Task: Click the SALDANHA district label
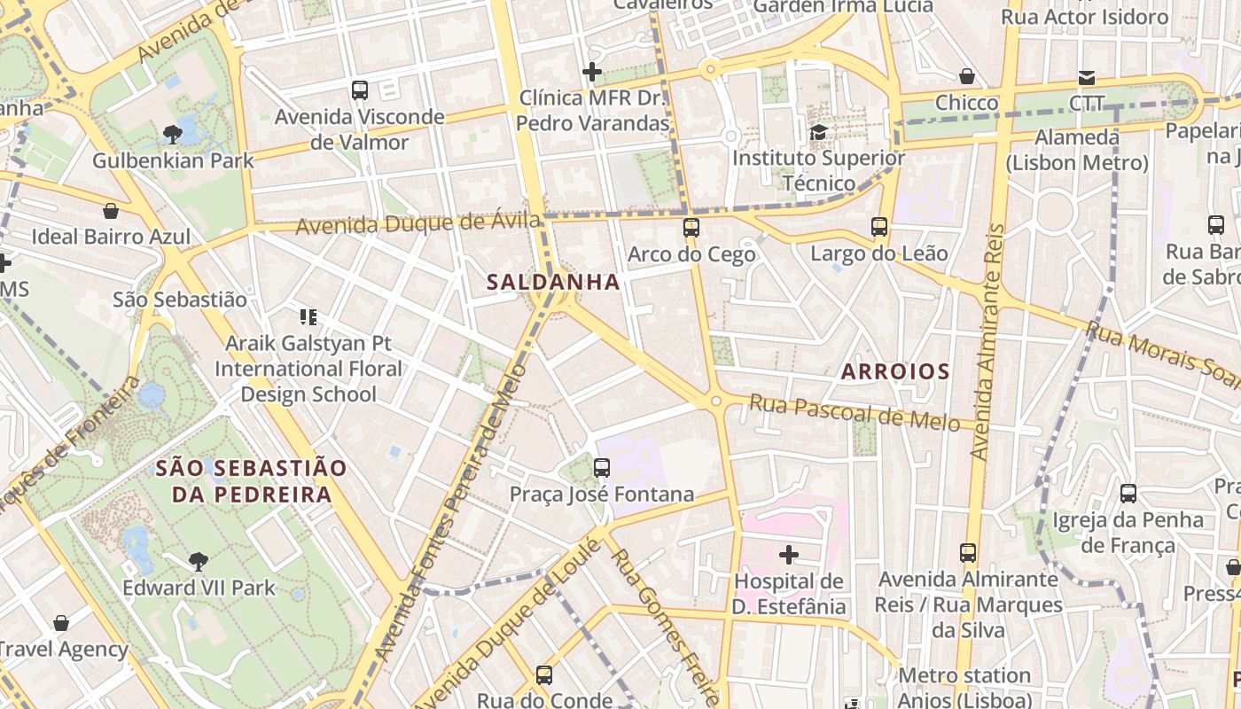(552, 282)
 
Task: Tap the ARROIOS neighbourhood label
(894, 371)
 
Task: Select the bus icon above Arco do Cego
(691, 228)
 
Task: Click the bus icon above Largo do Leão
(879, 227)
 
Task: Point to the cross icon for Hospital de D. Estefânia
(788, 555)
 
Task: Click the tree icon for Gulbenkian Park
(173, 135)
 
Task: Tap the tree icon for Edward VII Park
(199, 561)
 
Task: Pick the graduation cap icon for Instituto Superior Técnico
(818, 132)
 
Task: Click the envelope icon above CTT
(1086, 77)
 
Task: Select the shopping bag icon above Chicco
(967, 77)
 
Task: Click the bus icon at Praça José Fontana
(602, 467)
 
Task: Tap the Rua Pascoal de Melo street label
(855, 412)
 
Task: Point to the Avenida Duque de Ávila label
(418, 223)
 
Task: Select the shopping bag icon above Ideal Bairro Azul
(111, 211)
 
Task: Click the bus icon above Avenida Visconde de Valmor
(359, 90)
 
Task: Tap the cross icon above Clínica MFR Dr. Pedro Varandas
(592, 72)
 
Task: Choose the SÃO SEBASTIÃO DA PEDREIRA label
(252, 481)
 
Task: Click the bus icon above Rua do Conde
(544, 674)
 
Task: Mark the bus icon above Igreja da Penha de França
(1128, 494)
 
